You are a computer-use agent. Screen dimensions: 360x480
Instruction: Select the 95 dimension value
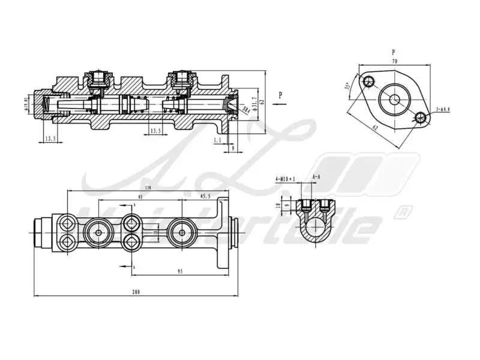(179, 272)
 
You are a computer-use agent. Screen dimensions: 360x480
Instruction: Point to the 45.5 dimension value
(205, 196)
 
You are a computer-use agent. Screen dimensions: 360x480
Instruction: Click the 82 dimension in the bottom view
(140, 196)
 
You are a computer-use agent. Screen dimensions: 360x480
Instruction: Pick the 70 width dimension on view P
(394, 61)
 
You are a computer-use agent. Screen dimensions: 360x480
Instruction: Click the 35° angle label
(347, 86)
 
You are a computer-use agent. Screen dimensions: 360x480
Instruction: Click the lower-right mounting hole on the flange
(421, 118)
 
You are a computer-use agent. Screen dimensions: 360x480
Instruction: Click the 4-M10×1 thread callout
(286, 179)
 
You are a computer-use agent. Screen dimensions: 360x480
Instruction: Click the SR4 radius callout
(245, 109)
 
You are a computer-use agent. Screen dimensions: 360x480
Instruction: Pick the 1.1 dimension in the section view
(217, 139)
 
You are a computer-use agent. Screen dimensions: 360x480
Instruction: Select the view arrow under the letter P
(280, 104)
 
